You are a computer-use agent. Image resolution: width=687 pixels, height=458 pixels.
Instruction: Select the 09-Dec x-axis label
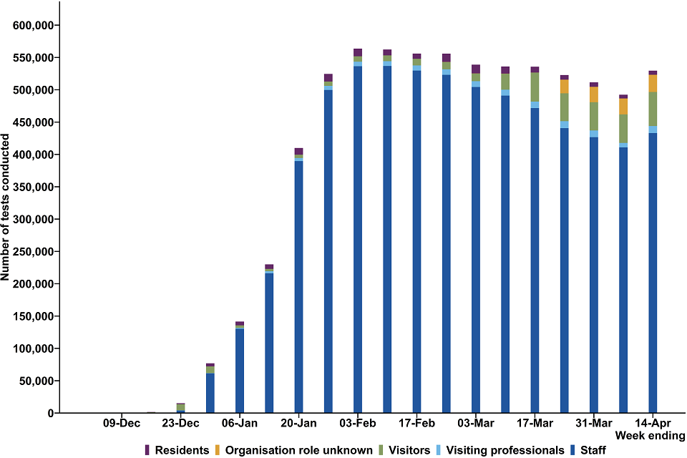coord(122,423)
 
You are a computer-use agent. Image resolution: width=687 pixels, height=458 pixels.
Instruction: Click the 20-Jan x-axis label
coord(298,423)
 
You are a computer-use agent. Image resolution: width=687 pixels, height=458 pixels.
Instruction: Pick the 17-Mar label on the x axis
coord(535,423)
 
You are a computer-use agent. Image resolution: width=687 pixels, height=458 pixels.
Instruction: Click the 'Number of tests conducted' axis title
coord(6,208)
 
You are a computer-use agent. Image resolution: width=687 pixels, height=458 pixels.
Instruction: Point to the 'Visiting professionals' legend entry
coord(505,450)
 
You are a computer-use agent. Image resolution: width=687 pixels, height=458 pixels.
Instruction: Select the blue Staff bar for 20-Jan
coord(298,286)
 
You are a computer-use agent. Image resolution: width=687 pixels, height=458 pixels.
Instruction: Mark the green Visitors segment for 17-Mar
coord(535,87)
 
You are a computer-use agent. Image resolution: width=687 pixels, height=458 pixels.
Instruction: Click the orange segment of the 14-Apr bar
coord(653,83)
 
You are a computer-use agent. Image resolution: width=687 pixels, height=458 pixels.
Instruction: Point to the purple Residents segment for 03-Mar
coord(476,69)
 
